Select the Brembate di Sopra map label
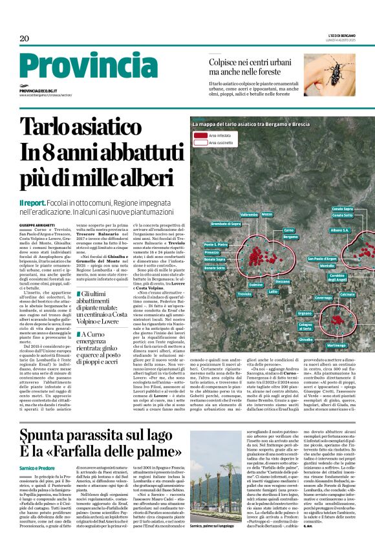tap(226, 224)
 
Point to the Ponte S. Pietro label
tap(215, 244)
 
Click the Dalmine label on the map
tap(256, 285)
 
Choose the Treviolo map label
tap(244, 294)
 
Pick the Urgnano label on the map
tap(304, 313)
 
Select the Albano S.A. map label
tap(339, 230)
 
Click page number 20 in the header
tap(25, 38)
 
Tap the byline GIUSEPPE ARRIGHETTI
tap(37, 224)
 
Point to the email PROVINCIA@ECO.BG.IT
tap(38, 92)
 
